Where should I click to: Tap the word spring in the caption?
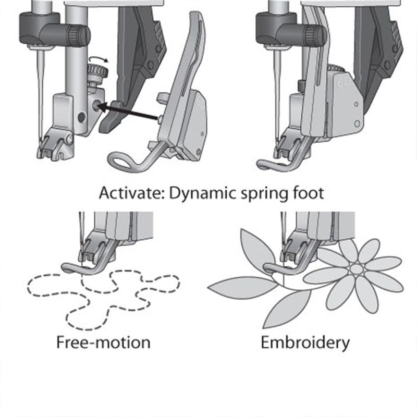pyautogui.click(x=266, y=193)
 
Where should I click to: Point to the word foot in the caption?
pyautogui.click(x=309, y=193)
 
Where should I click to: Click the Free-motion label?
pyautogui.click(x=103, y=342)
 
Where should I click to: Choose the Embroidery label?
pyautogui.click(x=305, y=342)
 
